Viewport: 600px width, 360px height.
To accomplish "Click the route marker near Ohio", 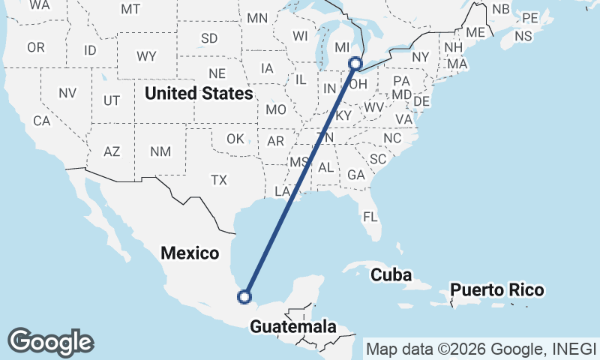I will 356,64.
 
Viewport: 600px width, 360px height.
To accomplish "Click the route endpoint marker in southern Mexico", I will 244,297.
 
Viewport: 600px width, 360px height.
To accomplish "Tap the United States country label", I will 199,94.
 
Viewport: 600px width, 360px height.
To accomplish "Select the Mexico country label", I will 190,253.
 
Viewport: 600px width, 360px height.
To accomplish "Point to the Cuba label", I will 391,274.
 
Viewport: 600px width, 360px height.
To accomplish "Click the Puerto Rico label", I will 496,289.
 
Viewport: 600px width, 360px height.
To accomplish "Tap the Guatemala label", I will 292,327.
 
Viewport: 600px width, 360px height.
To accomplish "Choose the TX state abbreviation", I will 218,180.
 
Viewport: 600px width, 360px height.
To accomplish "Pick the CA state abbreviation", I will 41,121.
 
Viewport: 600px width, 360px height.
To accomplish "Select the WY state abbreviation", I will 146,56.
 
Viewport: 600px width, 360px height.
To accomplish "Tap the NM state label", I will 160,151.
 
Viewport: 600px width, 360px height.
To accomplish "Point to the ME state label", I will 475,33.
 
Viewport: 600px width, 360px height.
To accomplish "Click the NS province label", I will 523,36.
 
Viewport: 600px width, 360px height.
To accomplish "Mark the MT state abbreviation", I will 130,9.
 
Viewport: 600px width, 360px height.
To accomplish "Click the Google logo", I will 50,341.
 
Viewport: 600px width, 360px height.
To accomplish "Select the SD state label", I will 209,38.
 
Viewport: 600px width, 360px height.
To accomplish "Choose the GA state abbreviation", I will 355,175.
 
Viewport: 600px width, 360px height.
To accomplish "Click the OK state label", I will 235,139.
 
